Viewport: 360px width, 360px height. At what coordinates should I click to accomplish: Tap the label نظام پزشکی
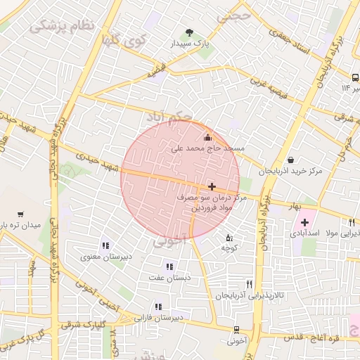(62, 27)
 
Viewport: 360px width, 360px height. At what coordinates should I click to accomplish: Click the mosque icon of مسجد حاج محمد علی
(207, 137)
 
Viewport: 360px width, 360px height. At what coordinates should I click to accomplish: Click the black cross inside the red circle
(212, 186)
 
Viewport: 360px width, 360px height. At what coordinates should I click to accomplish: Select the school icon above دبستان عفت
(168, 266)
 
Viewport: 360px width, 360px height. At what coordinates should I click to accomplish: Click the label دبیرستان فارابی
(160, 318)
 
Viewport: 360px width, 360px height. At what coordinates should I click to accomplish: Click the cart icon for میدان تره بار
(20, 214)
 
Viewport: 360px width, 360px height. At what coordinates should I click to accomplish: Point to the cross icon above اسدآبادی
(304, 223)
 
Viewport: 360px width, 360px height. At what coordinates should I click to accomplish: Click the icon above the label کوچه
(228, 238)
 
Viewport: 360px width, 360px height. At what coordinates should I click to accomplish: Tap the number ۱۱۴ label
(345, 88)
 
